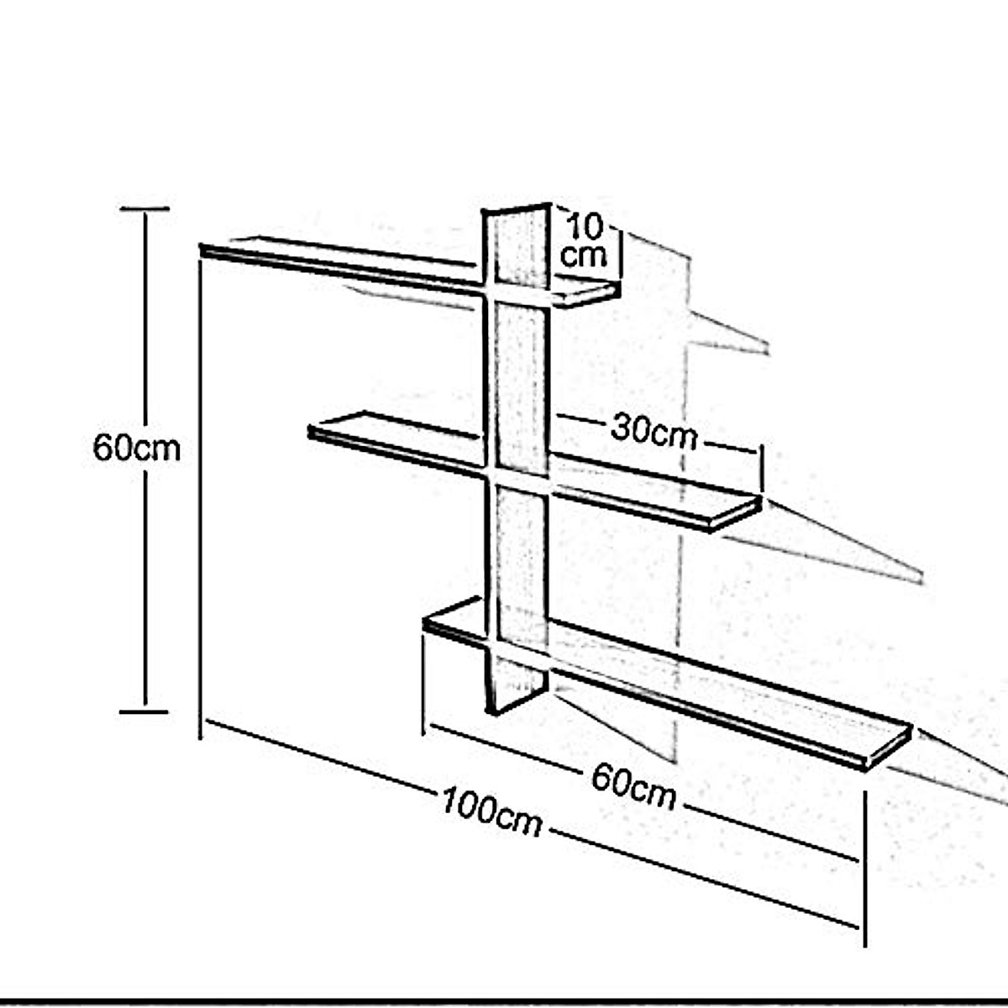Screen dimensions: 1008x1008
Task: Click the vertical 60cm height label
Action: tap(136, 448)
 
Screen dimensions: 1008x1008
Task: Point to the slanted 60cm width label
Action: tap(633, 786)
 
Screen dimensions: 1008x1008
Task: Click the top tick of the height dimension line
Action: tap(144, 208)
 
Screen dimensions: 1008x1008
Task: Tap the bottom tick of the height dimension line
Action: tap(144, 711)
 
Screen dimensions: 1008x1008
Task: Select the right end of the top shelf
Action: tap(617, 291)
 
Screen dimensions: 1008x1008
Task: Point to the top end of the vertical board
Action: tap(516, 210)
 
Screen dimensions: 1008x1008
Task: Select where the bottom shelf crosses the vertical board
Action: tap(517, 651)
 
